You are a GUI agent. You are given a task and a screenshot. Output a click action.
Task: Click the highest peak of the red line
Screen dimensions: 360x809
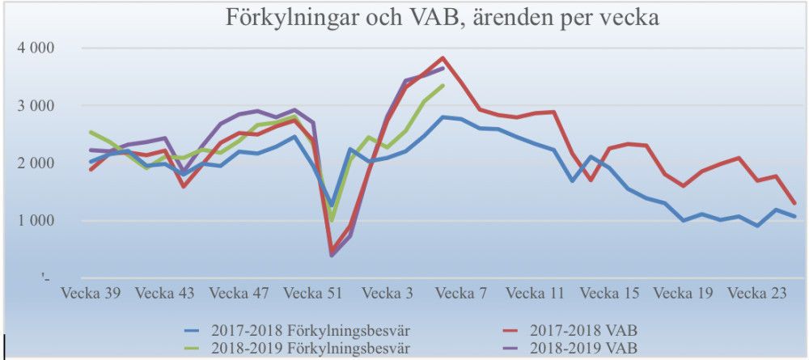(443, 58)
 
